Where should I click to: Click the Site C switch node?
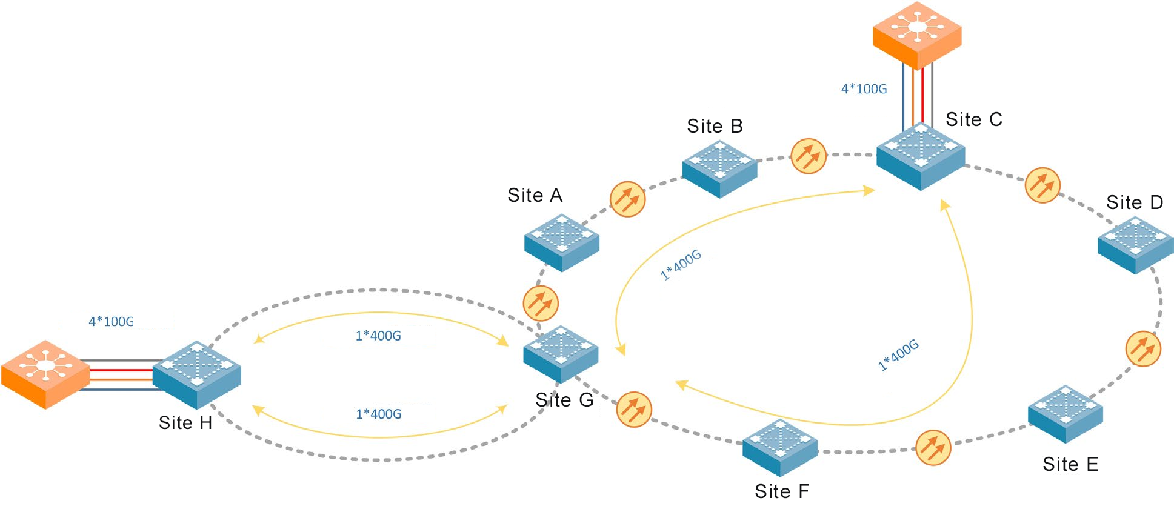(920, 156)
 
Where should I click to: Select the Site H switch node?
(197, 374)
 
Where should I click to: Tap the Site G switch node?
(561, 354)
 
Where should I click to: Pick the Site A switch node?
(562, 242)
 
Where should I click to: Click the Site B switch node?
(719, 168)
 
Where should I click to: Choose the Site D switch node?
(1135, 245)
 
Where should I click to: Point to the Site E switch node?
(1066, 413)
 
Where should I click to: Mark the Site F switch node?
(780, 447)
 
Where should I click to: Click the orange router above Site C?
(917, 35)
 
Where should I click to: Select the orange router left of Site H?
(45, 374)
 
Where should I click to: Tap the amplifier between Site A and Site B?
(627, 199)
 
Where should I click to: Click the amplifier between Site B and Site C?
(809, 156)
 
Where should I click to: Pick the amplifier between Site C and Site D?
(1042, 185)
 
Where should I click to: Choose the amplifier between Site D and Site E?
(1143, 348)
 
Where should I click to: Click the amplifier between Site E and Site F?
(933, 448)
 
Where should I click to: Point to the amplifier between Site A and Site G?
(541, 303)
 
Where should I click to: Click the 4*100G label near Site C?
(864, 89)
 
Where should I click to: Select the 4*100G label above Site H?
(112, 322)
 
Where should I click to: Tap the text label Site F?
(782, 491)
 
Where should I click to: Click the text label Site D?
(1135, 202)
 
